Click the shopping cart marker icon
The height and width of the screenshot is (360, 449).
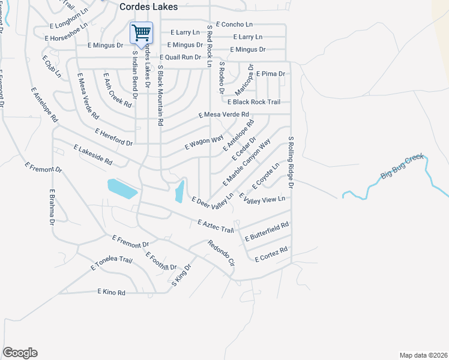[141, 32]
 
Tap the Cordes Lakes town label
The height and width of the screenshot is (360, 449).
[148, 6]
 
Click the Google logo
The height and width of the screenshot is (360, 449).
[20, 353]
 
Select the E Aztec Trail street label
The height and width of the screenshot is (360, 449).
[215, 226]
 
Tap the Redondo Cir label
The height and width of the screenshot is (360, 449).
[220, 252]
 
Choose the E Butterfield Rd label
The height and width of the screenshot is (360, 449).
[267, 232]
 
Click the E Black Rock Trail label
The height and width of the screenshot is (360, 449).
[253, 102]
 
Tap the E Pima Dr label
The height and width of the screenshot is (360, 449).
[270, 74]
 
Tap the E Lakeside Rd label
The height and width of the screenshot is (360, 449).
[93, 154]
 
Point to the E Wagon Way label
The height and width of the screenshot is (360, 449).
[204, 142]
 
